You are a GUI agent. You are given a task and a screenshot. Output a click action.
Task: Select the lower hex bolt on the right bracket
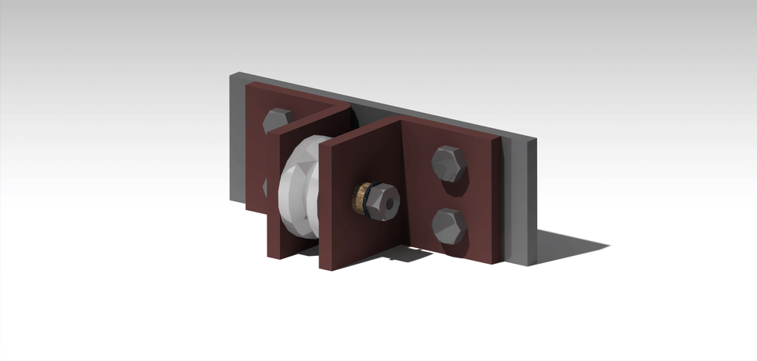pos(449,226)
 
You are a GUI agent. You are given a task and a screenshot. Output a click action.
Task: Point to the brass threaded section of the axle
pos(362,198)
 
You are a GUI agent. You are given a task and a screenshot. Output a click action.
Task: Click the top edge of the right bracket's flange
pos(363,131)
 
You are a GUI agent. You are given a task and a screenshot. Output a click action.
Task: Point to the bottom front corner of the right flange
pos(322,267)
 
